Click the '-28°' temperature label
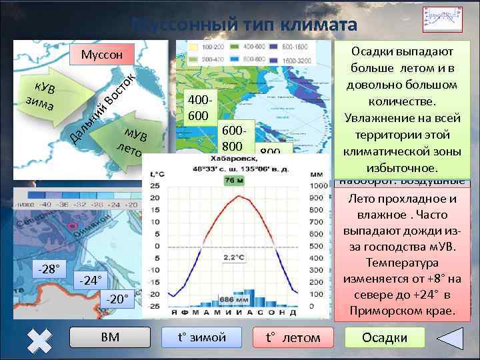click(49, 269)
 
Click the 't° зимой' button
click(202, 337)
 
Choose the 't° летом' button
click(293, 338)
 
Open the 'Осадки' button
click(384, 337)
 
